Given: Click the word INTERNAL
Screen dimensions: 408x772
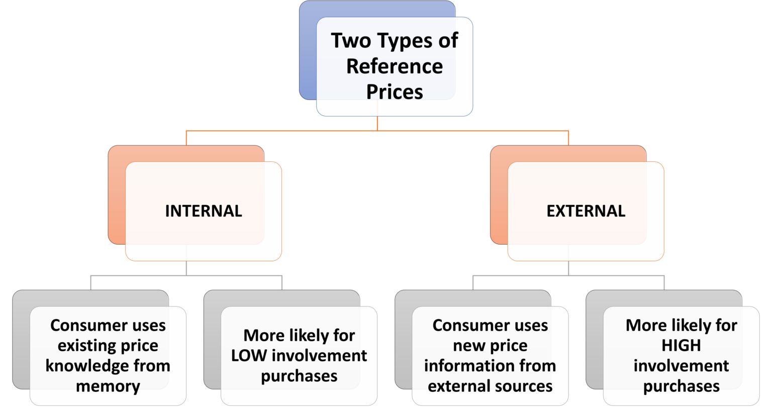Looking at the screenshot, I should (x=203, y=211).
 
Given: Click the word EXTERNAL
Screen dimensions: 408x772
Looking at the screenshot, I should (x=586, y=211).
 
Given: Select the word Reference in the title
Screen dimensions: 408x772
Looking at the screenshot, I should (x=395, y=66).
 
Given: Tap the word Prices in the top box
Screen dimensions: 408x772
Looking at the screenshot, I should (x=395, y=91).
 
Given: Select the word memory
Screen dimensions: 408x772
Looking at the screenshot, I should (x=108, y=386).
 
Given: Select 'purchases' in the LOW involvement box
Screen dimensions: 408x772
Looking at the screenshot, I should (x=299, y=376).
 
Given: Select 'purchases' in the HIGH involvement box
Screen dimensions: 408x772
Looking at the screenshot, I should (x=681, y=386).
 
